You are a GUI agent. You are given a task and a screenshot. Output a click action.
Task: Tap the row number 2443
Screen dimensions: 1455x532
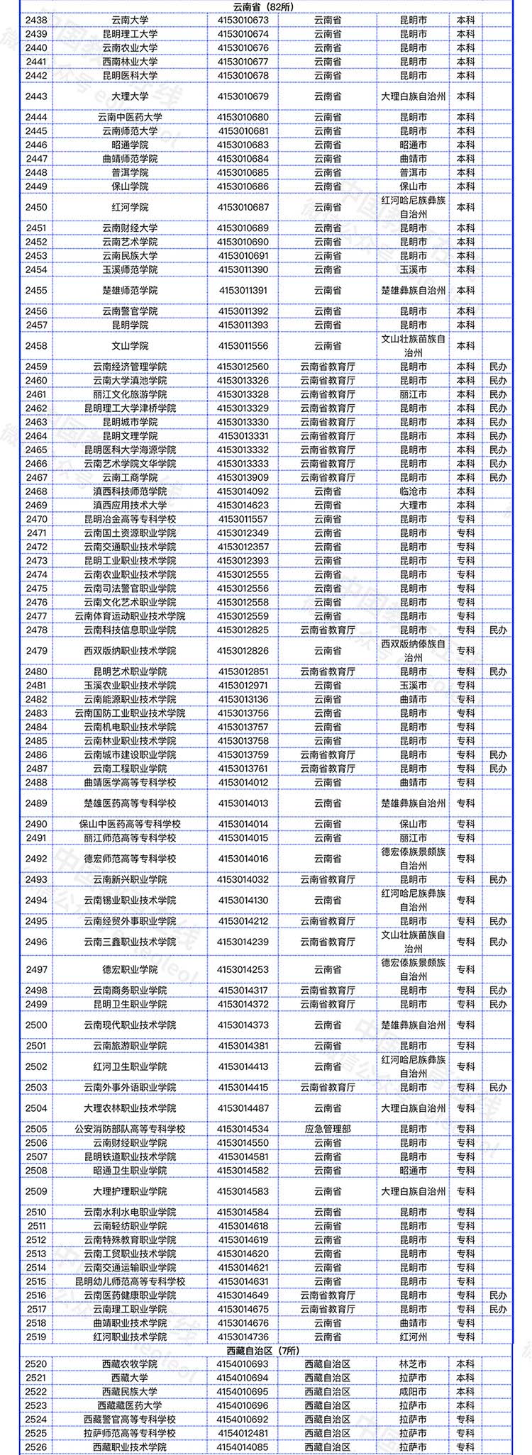pyautogui.click(x=36, y=96)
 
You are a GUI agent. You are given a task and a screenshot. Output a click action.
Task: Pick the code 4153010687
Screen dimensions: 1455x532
pyautogui.click(x=243, y=207)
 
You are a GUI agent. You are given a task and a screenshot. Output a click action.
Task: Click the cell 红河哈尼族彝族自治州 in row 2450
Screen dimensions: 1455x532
pyautogui.click(x=414, y=207)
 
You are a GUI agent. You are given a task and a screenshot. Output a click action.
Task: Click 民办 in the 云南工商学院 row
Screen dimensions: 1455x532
pyautogui.click(x=498, y=477)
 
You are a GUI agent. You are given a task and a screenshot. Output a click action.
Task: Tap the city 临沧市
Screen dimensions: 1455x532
pyautogui.click(x=414, y=491)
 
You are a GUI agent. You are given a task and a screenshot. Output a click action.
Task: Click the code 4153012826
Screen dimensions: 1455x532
pyautogui.click(x=243, y=651)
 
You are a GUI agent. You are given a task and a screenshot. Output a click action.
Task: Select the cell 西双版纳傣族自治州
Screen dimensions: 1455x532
pyautogui.click(x=414, y=651)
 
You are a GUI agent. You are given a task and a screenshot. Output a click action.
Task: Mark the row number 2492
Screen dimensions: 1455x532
pyautogui.click(x=36, y=859)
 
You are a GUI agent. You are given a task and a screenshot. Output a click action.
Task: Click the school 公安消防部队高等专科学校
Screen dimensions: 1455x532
pyautogui.click(x=130, y=1129)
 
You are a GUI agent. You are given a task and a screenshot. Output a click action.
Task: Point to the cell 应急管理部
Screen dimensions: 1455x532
pyautogui.click(x=328, y=1129)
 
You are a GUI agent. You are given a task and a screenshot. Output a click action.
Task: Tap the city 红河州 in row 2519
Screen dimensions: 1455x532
pyautogui.click(x=414, y=1337)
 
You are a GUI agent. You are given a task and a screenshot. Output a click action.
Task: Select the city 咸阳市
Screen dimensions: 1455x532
pyautogui.click(x=414, y=1392)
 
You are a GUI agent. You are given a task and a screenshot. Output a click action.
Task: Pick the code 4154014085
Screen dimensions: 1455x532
pyautogui.click(x=243, y=1447)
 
